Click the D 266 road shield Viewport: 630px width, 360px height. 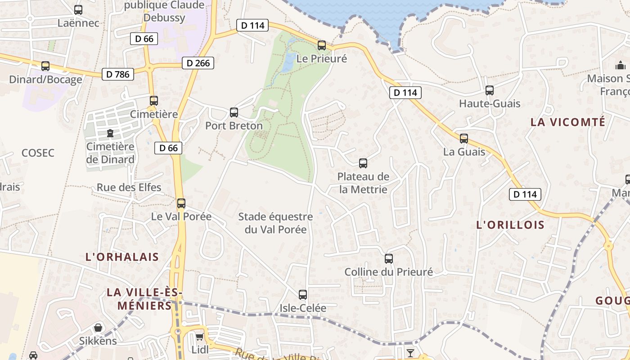pyautogui.click(x=198, y=63)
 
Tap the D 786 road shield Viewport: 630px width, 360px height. pyautogui.click(x=118, y=74)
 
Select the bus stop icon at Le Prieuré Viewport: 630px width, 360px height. pyautogui.click(x=321, y=45)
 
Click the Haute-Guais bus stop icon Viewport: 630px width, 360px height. pyautogui.click(x=490, y=90)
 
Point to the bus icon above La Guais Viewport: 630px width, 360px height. pyautogui.click(x=464, y=139)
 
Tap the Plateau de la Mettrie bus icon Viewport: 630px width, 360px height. pyautogui.click(x=363, y=163)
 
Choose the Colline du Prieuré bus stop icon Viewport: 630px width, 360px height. pyautogui.click(x=389, y=259)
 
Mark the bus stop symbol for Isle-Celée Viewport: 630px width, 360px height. pyautogui.click(x=303, y=295)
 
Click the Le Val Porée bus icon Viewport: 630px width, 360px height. pyautogui.click(x=181, y=203)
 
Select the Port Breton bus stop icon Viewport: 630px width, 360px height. pyautogui.click(x=234, y=112)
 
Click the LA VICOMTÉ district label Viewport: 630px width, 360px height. pyautogui.click(x=568, y=122)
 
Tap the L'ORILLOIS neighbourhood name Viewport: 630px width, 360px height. pyautogui.click(x=510, y=225)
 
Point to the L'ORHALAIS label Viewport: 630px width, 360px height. pyautogui.click(x=122, y=257)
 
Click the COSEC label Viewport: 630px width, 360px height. pyautogui.click(x=38, y=153)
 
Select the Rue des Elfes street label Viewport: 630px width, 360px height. pyautogui.click(x=129, y=187)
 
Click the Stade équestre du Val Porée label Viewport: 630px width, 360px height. pyautogui.click(x=275, y=223)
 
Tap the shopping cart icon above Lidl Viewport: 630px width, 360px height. pyautogui.click(x=199, y=337)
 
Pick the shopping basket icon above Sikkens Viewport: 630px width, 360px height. pyautogui.click(x=98, y=328)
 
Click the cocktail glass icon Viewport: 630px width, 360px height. pyautogui.click(x=410, y=353)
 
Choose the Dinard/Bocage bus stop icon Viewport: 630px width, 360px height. pyautogui.click(x=45, y=66)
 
